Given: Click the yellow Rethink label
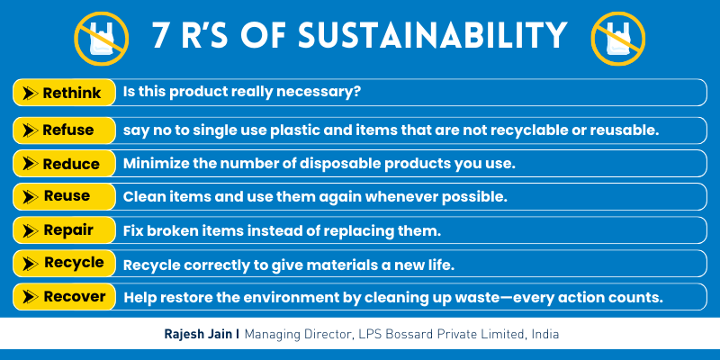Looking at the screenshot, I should (65, 92).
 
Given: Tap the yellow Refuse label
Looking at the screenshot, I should (65, 130).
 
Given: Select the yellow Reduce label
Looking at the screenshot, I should (65, 164).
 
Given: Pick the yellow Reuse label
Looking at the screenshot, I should (65, 196).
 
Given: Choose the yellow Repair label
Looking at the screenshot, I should (65, 229).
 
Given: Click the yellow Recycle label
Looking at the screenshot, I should (65, 263).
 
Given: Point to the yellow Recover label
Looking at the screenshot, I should (65, 296).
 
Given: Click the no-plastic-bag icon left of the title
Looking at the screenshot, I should (96, 36).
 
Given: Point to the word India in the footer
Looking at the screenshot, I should (543, 334).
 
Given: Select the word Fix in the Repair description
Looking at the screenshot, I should (133, 230).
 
